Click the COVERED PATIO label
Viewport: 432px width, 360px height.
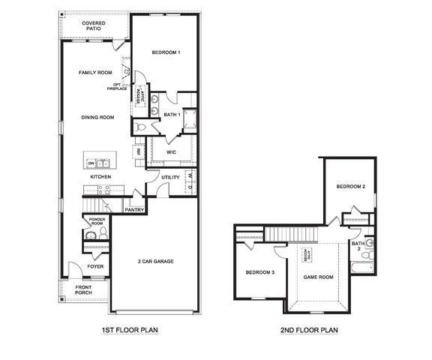point(94,26)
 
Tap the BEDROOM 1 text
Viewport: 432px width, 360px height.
point(166,52)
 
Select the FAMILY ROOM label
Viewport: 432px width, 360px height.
point(95,72)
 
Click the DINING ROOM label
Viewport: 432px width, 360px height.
point(97,117)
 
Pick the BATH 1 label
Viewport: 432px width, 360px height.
point(172,115)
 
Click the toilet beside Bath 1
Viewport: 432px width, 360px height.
point(141,127)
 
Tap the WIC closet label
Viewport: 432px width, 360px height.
point(171,151)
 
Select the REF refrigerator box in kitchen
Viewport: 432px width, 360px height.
point(138,152)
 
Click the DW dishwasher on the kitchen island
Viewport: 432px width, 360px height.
point(91,163)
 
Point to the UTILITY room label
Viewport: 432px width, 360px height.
point(170,178)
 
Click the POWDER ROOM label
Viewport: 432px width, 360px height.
point(96,222)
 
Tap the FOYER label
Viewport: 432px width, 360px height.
point(95,265)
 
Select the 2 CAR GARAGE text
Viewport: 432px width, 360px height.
point(155,261)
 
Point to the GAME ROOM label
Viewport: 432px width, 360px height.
point(317,277)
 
